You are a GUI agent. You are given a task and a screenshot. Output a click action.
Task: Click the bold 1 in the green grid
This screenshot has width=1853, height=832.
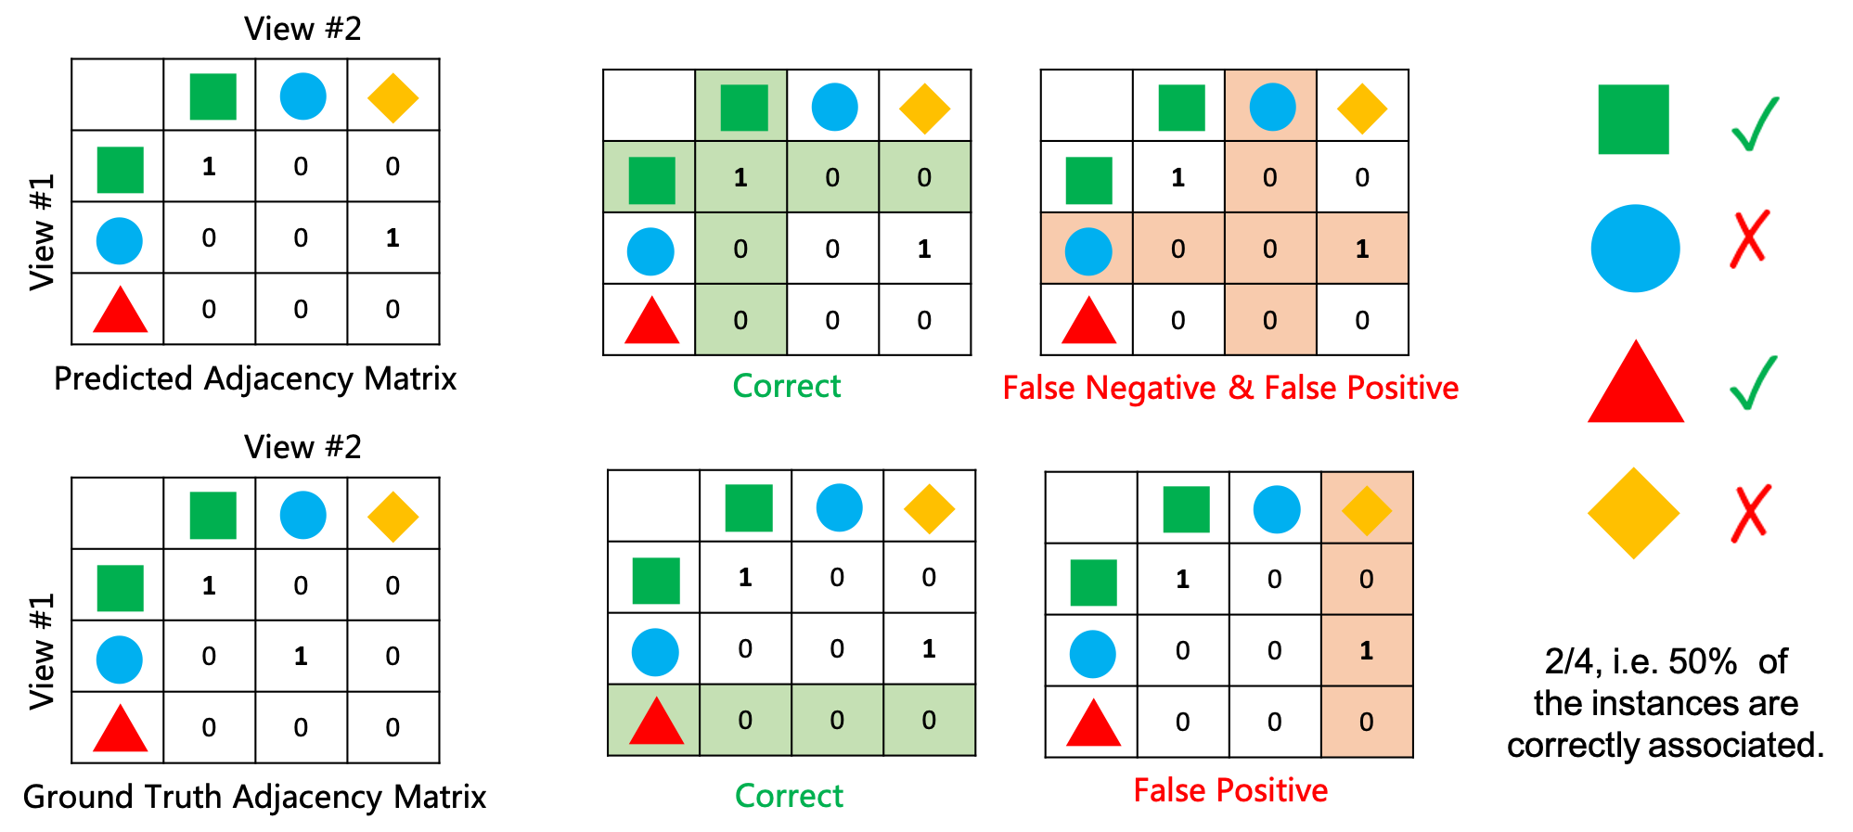(740, 177)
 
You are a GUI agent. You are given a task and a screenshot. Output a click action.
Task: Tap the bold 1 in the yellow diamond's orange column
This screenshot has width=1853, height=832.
(1366, 650)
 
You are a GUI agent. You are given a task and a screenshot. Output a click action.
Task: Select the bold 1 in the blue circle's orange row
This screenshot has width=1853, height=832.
(1361, 249)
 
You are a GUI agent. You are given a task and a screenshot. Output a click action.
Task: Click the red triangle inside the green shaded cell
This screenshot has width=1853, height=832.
(656, 721)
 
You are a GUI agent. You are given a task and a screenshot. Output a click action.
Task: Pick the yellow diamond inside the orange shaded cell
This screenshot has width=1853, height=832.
(1367, 509)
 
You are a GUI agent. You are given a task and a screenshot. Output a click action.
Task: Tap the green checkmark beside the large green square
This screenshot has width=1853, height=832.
(1756, 124)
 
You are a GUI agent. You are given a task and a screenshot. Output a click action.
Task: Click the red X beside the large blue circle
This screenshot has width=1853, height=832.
(1751, 237)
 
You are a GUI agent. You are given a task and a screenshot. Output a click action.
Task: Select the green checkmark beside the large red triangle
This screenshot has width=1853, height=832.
(1754, 382)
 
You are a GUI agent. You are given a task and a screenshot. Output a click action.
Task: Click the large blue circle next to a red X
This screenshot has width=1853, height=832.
(1635, 249)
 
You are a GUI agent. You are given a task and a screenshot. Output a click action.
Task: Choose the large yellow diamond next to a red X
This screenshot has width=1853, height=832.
(1633, 513)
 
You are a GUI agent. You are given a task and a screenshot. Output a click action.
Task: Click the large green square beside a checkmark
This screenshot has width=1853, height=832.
(1633, 120)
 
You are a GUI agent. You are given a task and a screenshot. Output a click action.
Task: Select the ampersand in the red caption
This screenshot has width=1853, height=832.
(1241, 388)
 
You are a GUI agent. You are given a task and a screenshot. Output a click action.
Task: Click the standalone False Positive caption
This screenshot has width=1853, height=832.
(1229, 790)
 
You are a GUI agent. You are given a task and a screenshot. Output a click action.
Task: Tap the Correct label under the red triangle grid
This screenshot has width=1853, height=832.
(789, 796)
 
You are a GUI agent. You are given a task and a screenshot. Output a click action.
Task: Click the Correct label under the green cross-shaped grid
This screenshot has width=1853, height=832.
(787, 386)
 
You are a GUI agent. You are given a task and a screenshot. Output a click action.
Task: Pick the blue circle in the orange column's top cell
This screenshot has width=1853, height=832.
(1272, 107)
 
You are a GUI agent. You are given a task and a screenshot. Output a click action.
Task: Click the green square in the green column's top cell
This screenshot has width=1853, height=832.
(743, 108)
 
